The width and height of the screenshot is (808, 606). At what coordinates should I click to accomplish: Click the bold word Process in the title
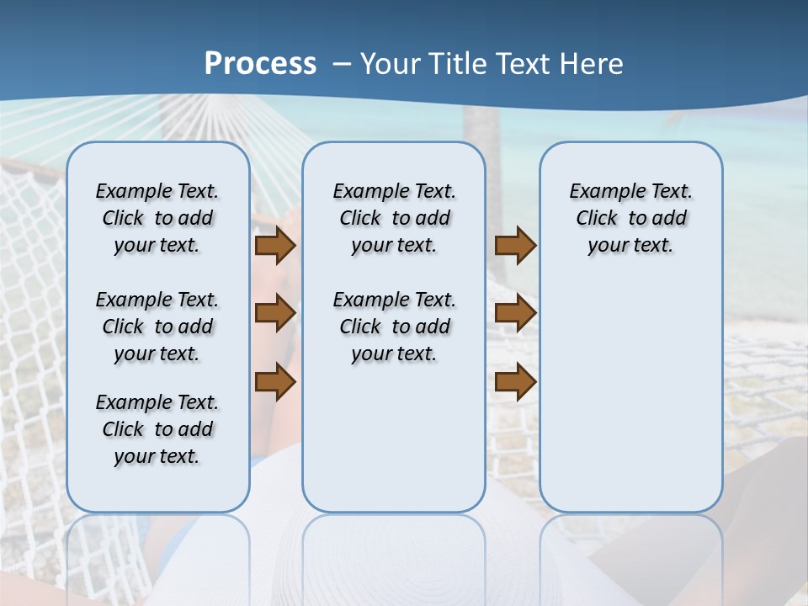click(260, 64)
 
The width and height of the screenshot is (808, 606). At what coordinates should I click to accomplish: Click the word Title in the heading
click(461, 64)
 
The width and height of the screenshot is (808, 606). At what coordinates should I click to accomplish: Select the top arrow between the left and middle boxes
click(275, 245)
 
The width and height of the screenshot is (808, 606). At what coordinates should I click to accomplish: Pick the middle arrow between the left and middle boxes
click(275, 313)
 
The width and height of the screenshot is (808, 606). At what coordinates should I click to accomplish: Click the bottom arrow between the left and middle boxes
click(275, 382)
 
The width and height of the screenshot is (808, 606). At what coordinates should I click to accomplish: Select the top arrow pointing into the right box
click(515, 245)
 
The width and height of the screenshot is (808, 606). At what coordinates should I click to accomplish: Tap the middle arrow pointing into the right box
click(515, 313)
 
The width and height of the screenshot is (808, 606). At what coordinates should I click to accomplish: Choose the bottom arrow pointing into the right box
click(515, 382)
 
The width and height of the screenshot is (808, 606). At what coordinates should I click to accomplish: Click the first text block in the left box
click(157, 218)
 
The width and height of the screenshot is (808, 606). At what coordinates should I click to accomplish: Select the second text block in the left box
click(157, 327)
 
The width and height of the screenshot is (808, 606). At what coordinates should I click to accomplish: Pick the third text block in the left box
click(157, 429)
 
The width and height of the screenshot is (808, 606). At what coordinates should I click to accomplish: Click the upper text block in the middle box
click(394, 218)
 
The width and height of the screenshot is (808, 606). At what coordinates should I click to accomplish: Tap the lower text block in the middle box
click(394, 327)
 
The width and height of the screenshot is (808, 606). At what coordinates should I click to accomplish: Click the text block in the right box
click(630, 218)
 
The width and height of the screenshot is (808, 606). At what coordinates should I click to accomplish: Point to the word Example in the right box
click(601, 192)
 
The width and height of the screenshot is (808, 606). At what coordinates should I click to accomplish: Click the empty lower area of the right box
click(630, 396)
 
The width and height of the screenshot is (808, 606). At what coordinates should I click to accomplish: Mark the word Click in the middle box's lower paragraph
click(360, 327)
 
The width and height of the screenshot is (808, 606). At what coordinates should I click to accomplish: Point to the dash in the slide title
click(342, 64)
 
